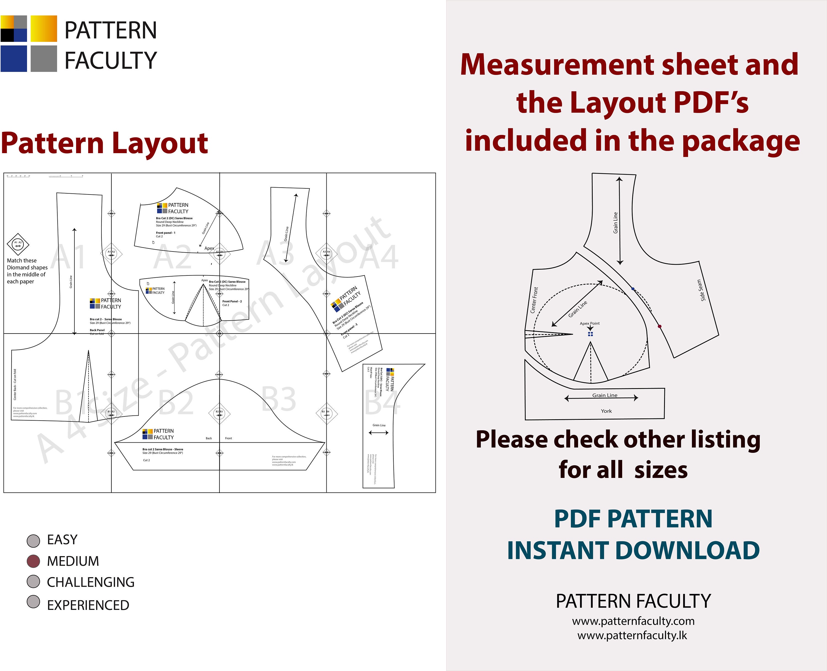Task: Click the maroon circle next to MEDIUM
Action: pyautogui.click(x=34, y=561)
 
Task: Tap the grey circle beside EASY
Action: pyautogui.click(x=34, y=540)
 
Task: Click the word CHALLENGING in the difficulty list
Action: pyautogui.click(x=90, y=582)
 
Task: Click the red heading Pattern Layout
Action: pyautogui.click(x=104, y=143)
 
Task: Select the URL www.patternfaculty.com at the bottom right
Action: pyautogui.click(x=633, y=621)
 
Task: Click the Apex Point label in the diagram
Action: pyautogui.click(x=589, y=323)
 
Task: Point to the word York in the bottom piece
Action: pyautogui.click(x=606, y=411)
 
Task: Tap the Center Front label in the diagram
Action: pyautogui.click(x=534, y=300)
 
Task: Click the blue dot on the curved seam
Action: pyautogui.click(x=633, y=289)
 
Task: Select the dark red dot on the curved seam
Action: pyautogui.click(x=659, y=327)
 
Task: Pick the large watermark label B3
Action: pyautogui.click(x=278, y=399)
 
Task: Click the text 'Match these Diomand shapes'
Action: pyautogui.click(x=27, y=264)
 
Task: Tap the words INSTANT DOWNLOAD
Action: pyautogui.click(x=633, y=550)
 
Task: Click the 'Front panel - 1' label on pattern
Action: pyautogui.click(x=166, y=233)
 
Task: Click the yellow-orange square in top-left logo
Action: pyautogui.click(x=44, y=29)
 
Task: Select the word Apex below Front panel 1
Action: pyautogui.click(x=209, y=248)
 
